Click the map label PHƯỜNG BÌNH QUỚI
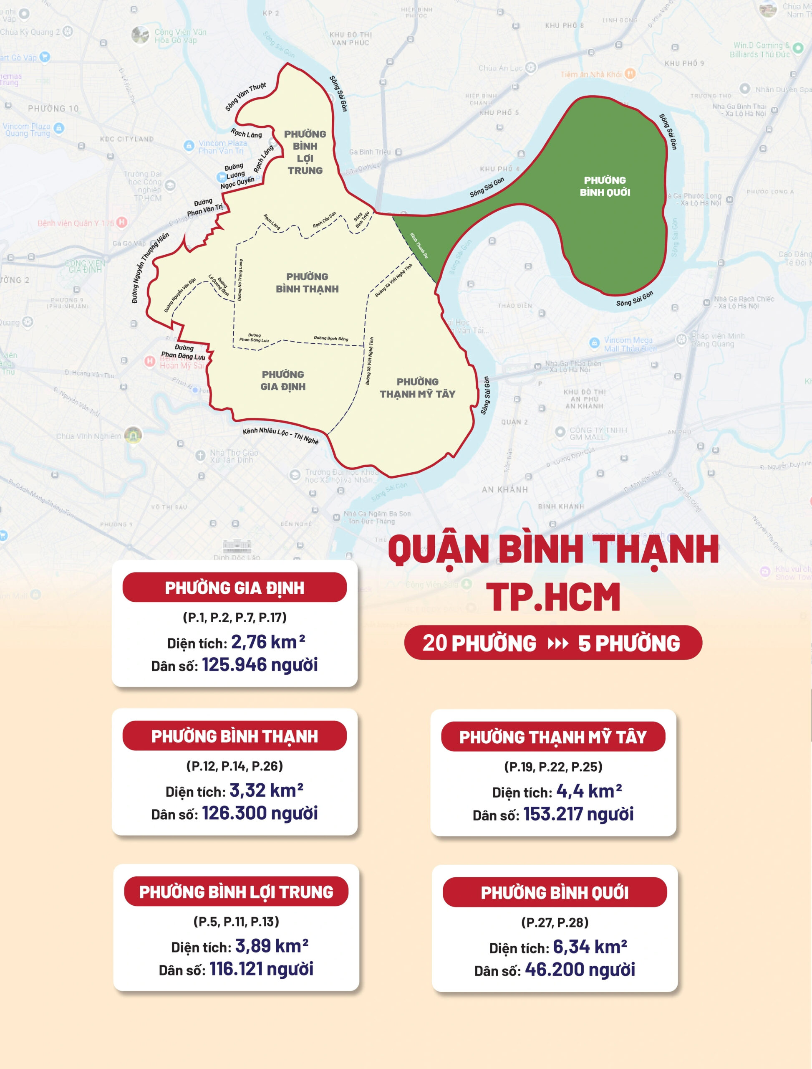tap(605, 186)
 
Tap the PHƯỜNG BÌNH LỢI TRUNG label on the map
tap(305, 152)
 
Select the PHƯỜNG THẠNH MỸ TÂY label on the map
tap(418, 388)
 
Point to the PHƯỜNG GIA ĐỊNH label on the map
tap(283, 380)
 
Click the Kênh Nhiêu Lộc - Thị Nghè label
tap(280, 435)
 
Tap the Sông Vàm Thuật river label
tap(245, 96)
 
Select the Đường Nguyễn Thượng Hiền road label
tap(150, 268)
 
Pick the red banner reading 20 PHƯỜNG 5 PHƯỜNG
tap(552, 642)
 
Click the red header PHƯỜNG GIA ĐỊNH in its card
tap(235, 588)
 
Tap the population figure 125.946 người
tap(260, 665)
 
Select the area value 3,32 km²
tap(266, 790)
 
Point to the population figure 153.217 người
tap(578, 814)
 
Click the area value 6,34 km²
tap(590, 946)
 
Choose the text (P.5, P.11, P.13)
tap(236, 922)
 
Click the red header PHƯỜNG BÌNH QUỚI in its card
tap(555, 892)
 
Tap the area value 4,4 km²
tap(589, 791)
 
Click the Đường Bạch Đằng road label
tap(330, 338)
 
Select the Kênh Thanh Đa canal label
tap(419, 245)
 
